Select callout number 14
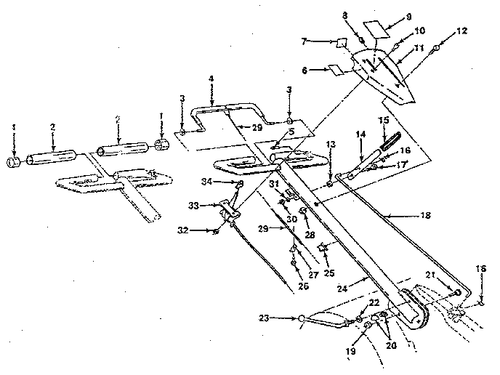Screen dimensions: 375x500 [x=359, y=135]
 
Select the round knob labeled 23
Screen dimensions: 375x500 [x=301, y=317]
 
